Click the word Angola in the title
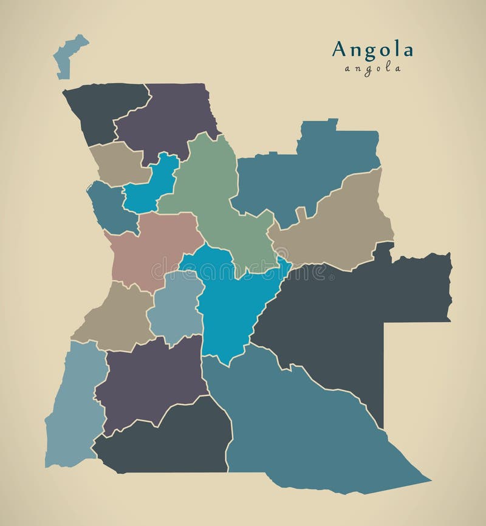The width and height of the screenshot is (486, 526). (x=372, y=50)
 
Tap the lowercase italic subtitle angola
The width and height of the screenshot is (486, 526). (x=372, y=69)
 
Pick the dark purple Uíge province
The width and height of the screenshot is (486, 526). (x=167, y=115)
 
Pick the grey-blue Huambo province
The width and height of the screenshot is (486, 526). (x=176, y=307)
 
